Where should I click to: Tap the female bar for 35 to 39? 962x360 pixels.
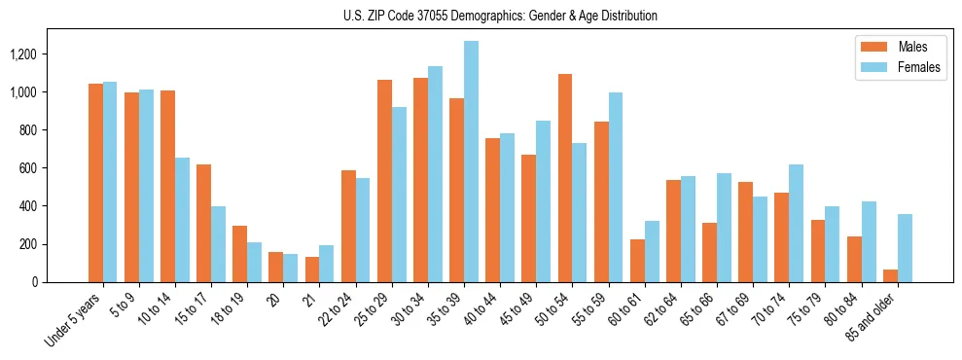pos(471,162)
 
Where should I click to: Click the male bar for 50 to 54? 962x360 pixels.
pos(565,178)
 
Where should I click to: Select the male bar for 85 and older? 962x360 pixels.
pos(890,275)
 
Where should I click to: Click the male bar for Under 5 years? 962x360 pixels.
pos(95,183)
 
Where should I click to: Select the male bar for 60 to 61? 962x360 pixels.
pos(637,261)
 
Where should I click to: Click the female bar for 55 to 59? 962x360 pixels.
pos(615,188)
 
